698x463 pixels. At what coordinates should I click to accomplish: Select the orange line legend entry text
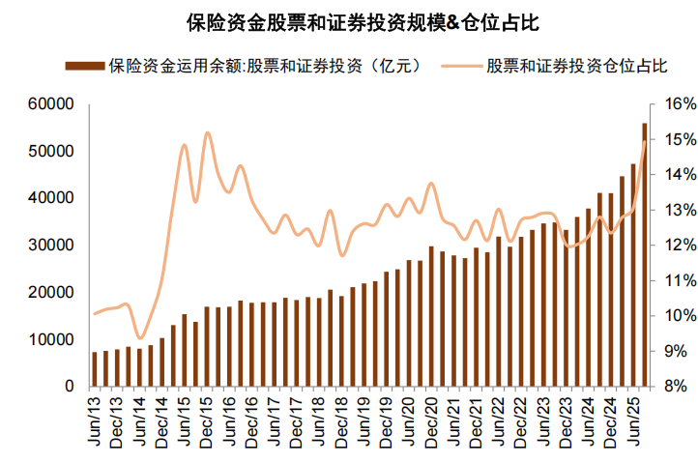click(x=577, y=66)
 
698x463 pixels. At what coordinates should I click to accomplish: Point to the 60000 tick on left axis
click(x=55, y=103)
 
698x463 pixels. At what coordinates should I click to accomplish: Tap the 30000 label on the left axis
click(x=55, y=246)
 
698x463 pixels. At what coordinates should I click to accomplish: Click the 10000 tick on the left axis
click(x=55, y=340)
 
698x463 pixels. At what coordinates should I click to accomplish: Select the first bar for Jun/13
click(x=95, y=369)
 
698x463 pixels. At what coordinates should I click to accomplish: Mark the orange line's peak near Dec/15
click(x=207, y=132)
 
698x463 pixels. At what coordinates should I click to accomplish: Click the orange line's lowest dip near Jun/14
click(x=140, y=338)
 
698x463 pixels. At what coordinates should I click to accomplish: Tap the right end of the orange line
click(x=645, y=142)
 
